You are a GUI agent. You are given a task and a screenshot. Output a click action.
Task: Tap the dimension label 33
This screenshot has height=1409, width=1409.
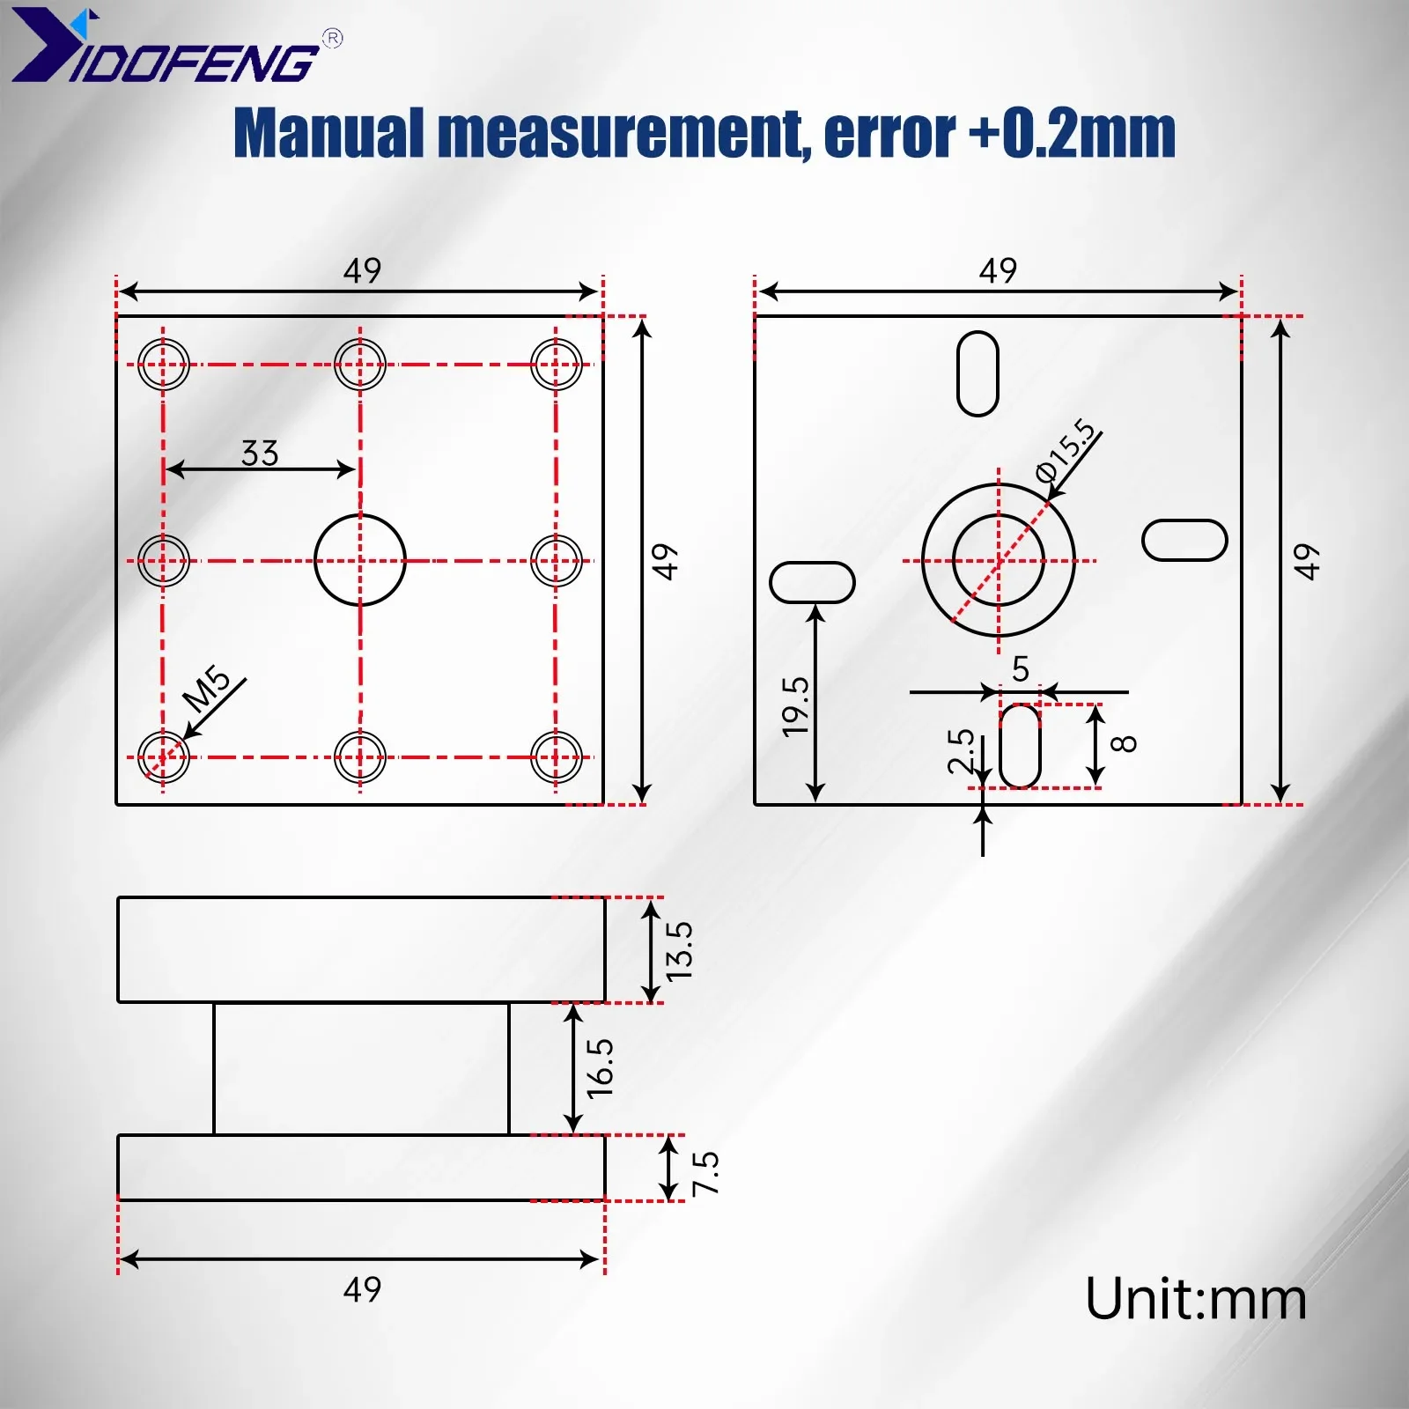(x=260, y=454)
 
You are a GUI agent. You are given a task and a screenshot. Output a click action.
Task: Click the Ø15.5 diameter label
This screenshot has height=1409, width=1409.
(x=1068, y=451)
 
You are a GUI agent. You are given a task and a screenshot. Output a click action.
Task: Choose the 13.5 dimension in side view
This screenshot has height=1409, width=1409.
(x=680, y=951)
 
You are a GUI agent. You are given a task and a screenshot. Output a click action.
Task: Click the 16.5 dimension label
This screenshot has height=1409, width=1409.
(x=601, y=1067)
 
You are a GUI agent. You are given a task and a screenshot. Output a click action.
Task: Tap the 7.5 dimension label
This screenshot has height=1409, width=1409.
(x=706, y=1173)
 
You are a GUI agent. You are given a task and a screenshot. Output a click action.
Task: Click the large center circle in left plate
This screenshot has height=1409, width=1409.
(x=360, y=560)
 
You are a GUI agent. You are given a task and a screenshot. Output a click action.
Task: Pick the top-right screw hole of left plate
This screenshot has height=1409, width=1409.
(x=557, y=364)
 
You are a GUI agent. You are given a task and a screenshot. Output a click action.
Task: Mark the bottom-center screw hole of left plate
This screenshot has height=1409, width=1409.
(x=360, y=757)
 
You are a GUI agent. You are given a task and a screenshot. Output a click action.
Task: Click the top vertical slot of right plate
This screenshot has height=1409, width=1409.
(x=977, y=373)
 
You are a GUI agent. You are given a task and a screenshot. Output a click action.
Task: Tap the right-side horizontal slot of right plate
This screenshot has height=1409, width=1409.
(x=1184, y=540)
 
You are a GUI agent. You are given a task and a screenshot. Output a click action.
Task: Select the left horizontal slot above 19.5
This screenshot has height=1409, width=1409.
(x=812, y=582)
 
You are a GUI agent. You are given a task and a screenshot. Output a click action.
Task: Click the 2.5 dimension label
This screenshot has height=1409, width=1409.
(x=962, y=750)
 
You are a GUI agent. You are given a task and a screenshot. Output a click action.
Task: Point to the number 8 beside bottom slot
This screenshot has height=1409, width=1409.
(x=1125, y=744)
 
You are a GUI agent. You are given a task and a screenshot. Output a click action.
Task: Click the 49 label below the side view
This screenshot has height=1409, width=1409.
(x=362, y=1290)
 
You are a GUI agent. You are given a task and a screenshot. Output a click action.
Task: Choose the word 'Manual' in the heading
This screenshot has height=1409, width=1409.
(x=328, y=133)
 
